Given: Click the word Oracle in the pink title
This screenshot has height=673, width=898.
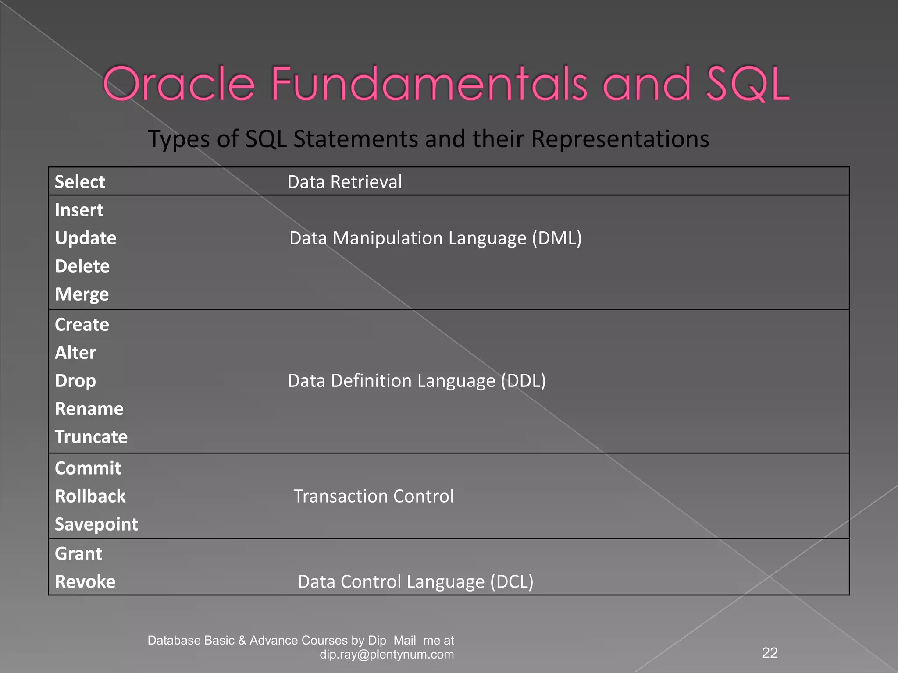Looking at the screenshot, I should pos(178,84).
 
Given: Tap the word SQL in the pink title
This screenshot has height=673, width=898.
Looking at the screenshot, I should pos(747,84).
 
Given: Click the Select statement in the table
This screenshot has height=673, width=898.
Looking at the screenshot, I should pos(80,182).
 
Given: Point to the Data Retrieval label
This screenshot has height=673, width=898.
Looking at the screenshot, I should pos(345,182).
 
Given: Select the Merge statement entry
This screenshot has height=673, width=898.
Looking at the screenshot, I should pos(82,294).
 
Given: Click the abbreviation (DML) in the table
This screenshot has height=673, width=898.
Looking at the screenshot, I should pos(556,238).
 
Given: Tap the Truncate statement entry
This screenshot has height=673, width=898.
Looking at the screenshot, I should pos(91,437).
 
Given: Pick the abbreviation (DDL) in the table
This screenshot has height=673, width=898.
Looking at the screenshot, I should pos(523,381).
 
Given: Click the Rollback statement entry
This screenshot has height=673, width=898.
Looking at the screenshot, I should pos(90,496).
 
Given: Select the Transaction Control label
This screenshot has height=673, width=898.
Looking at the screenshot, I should pos(374,496).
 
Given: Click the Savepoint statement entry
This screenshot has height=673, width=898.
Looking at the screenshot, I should pos(96,524).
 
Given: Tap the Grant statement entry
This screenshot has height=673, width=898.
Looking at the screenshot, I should pos(78,554).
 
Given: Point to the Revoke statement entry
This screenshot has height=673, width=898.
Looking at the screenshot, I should pos(85,582).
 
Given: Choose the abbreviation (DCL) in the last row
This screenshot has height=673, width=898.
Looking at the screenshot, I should pos(511,582).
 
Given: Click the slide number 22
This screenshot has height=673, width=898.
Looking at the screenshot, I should pos(770,653).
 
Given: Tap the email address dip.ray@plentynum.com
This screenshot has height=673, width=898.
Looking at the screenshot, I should pos(387,655).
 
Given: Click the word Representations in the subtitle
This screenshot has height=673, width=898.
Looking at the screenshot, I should pos(620,139).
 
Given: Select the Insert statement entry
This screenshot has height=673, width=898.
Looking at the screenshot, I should pos(79,210).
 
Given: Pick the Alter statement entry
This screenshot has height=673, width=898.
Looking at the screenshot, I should pos(75,353).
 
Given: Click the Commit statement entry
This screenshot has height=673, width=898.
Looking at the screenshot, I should pos(88,468).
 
